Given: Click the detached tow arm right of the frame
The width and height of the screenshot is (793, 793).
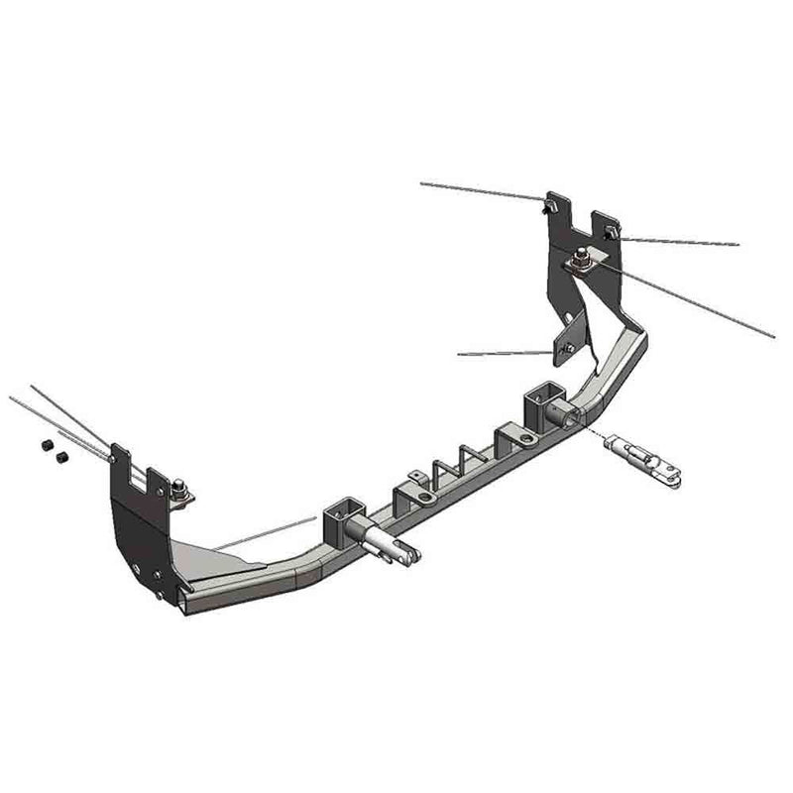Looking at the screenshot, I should coord(642,459).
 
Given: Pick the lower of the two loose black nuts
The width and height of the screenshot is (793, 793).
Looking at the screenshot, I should coord(60,459).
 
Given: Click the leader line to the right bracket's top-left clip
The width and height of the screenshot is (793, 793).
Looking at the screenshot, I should coord(481,191).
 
